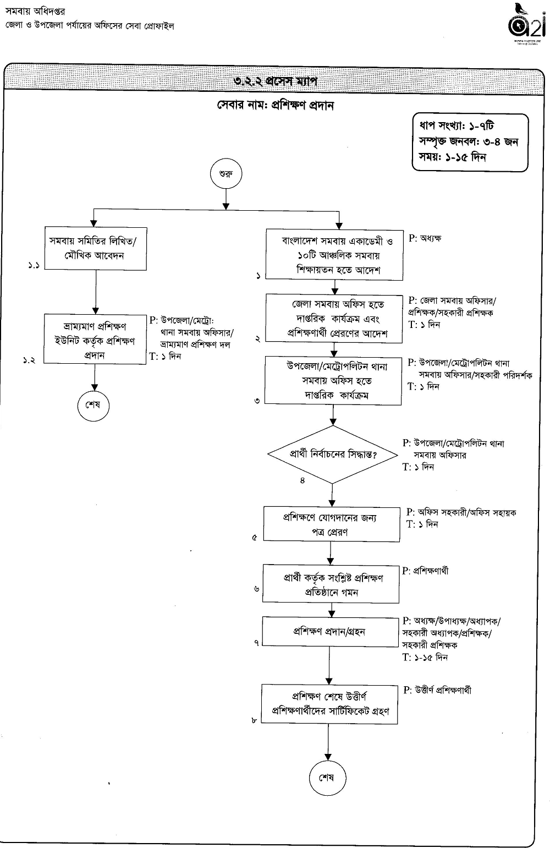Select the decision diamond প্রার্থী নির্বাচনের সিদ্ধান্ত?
point(333,455)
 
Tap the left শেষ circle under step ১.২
point(92,406)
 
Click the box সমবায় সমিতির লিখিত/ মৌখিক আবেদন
point(96,248)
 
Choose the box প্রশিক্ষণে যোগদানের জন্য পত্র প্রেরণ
point(331,525)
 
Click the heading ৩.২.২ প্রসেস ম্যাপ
point(275,81)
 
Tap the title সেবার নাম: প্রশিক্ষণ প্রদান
point(275,106)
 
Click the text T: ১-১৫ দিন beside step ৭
point(425,657)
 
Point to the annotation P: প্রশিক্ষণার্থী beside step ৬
point(425,571)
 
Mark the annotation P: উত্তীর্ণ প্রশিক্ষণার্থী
point(437,691)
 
